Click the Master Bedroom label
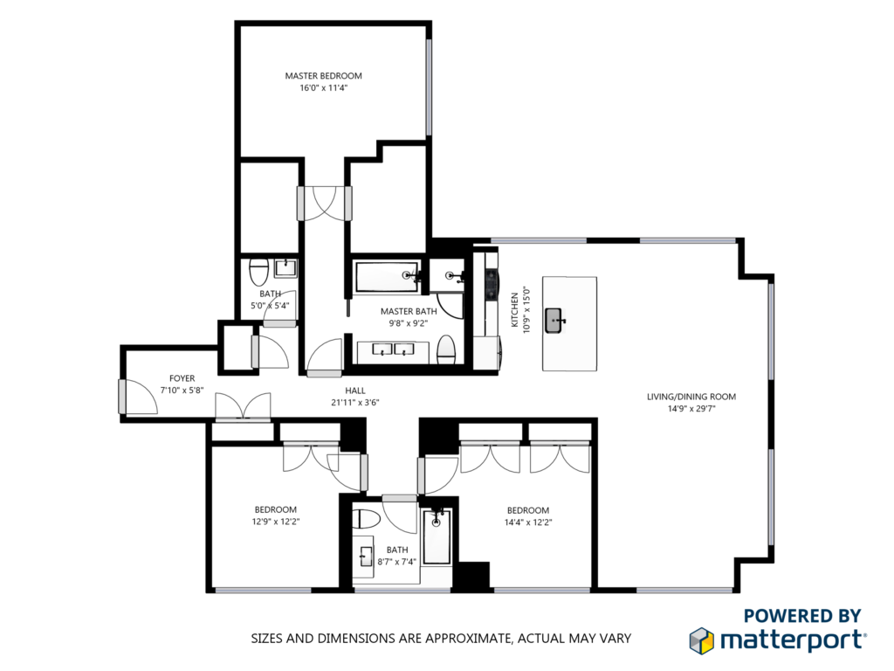pos(323,76)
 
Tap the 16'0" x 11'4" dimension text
pos(323,88)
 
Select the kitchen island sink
pos(554,320)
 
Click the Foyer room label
pos(182,378)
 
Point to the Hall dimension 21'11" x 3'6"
pos(355,402)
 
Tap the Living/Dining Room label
pos(691,397)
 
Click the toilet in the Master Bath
pos(446,349)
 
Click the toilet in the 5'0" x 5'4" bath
pos(259,273)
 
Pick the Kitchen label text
pos(514,310)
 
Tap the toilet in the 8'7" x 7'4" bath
pos(366,520)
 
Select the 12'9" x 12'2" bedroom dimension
pos(276,522)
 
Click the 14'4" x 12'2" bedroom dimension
pos(528,522)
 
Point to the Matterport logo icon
pos(702,640)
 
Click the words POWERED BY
pos(802,616)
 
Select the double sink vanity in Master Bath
pos(393,351)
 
